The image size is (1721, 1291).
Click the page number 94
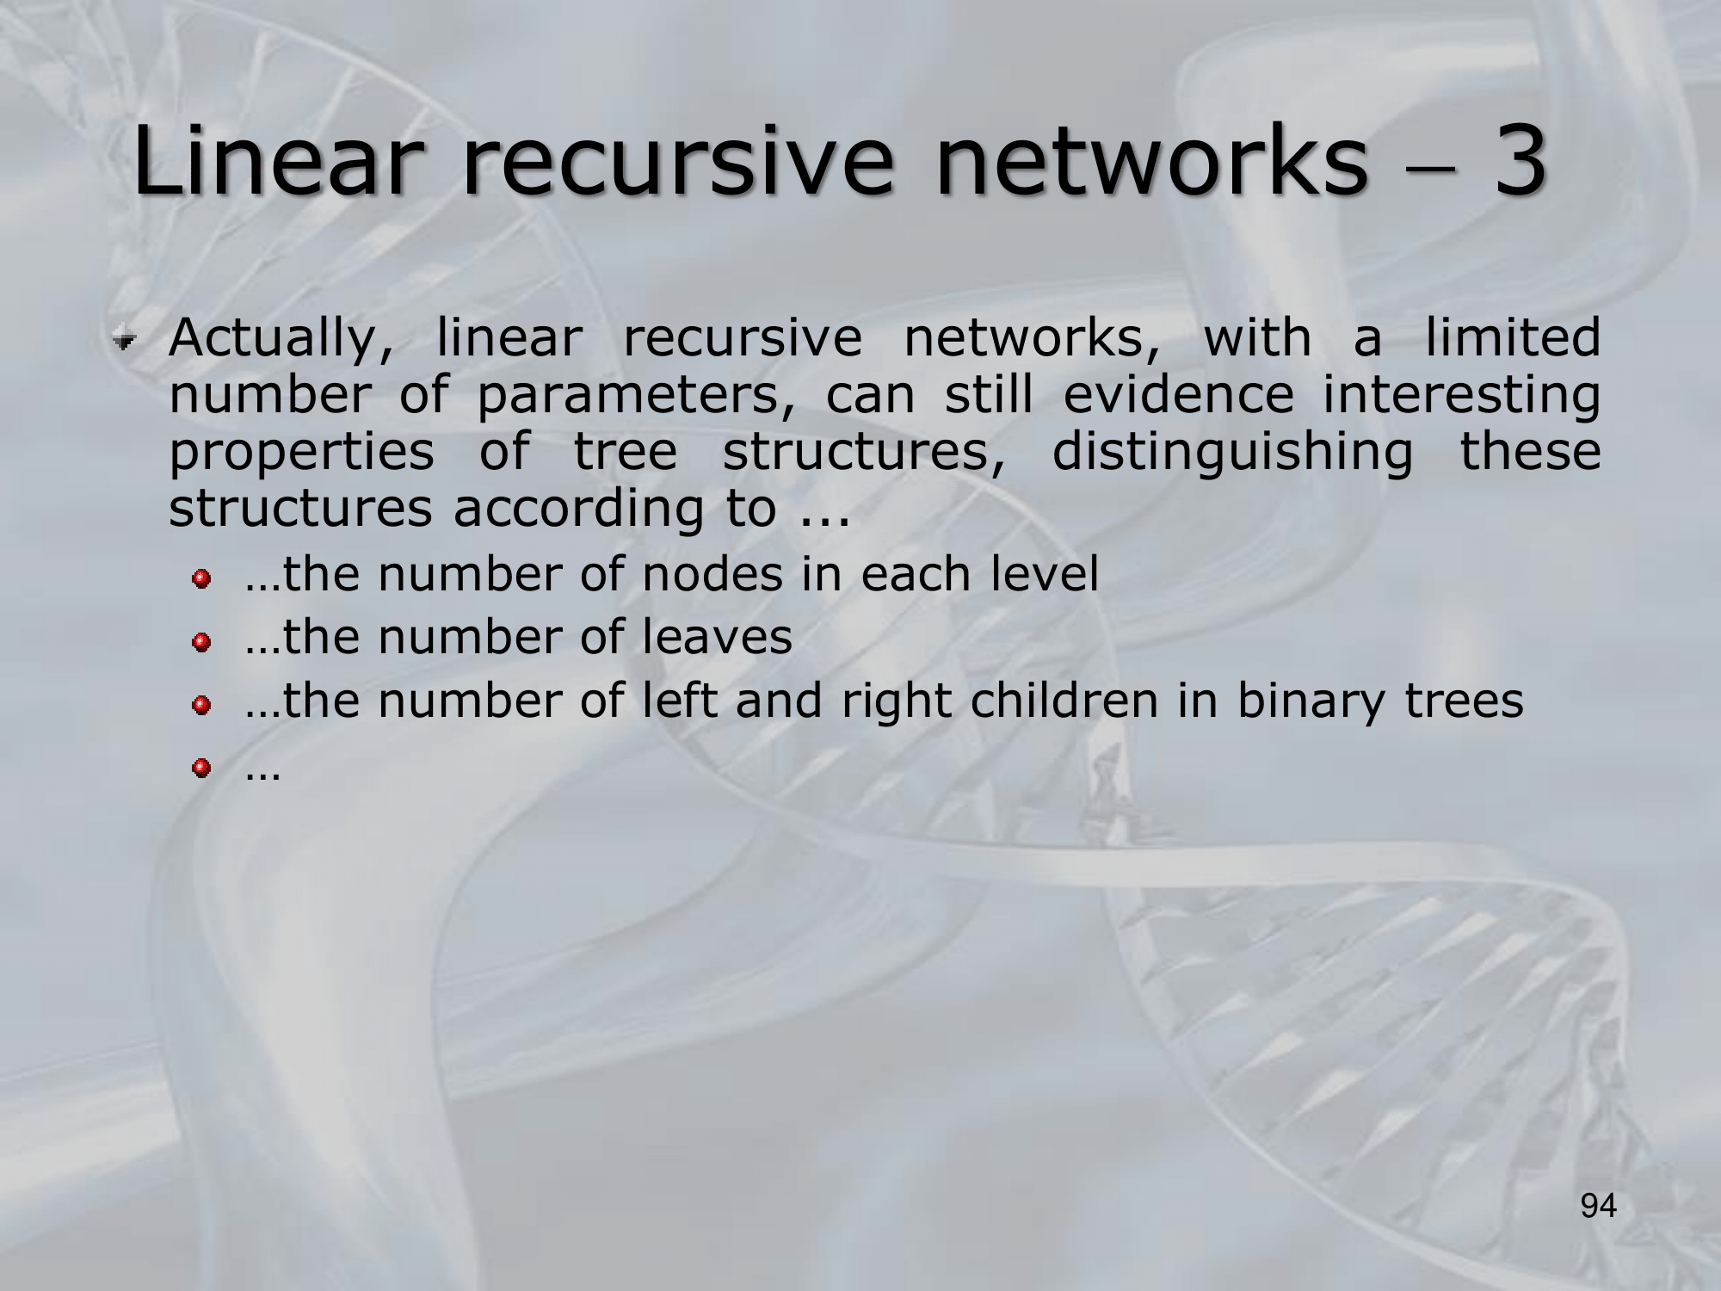[1599, 1206]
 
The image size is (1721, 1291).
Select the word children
[1064, 701]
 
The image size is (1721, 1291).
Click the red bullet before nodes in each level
[201, 579]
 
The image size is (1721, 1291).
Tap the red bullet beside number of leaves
[201, 643]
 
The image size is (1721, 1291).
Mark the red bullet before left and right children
[201, 706]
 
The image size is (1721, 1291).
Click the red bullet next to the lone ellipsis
[201, 767]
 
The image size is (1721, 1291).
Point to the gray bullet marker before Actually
[125, 342]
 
